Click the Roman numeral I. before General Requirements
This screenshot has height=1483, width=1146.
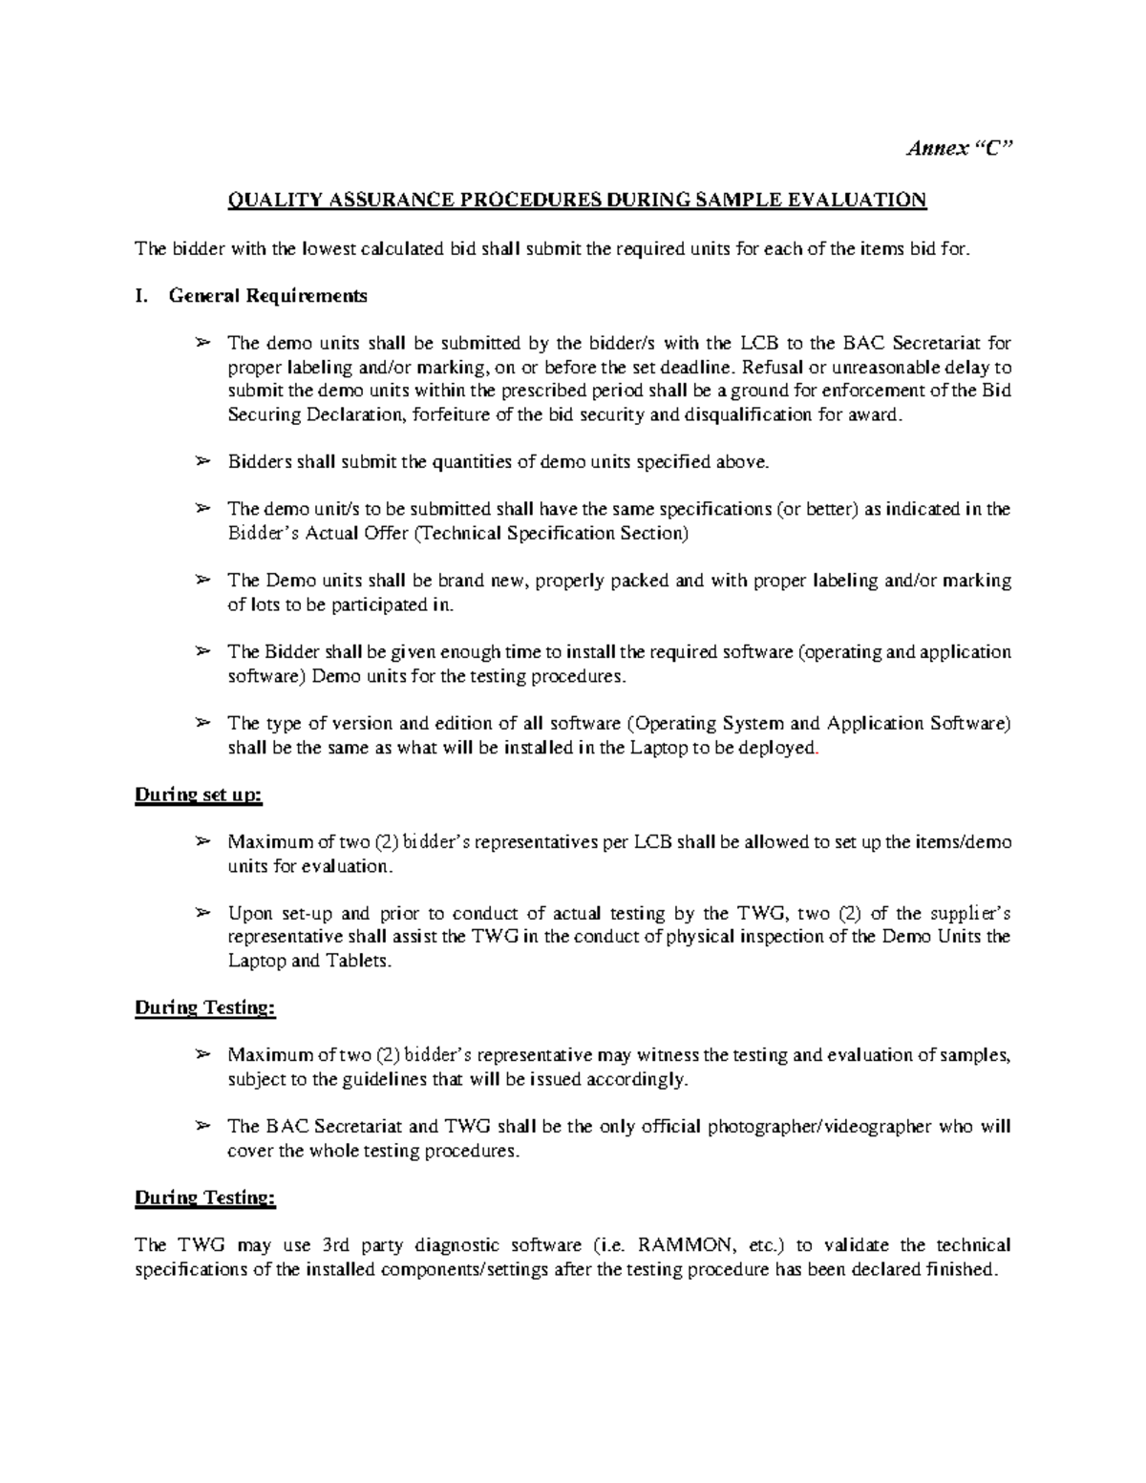[x=141, y=296]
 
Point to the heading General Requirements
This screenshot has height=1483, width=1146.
[x=267, y=296]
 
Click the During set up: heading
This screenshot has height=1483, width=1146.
[x=198, y=794]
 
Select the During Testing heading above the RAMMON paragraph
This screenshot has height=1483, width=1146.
[x=205, y=1197]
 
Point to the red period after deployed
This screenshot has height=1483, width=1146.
[x=817, y=750]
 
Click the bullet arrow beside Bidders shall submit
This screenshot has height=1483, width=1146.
[x=202, y=462]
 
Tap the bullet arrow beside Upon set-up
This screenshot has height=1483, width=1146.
[x=202, y=913]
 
